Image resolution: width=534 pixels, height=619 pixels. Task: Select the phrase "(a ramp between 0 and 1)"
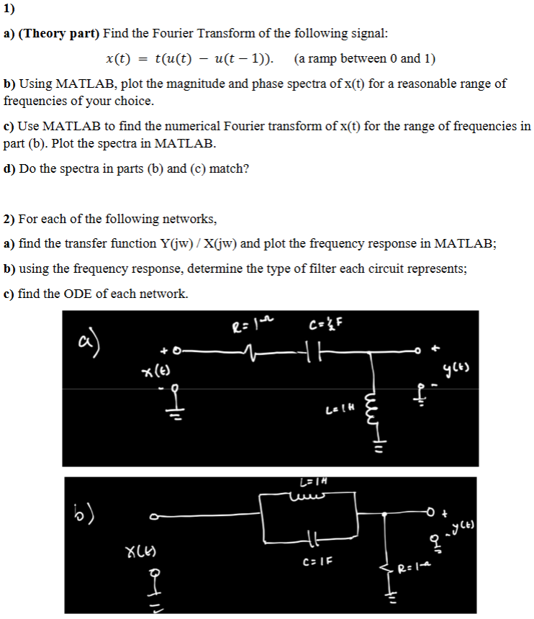pos(365,58)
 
